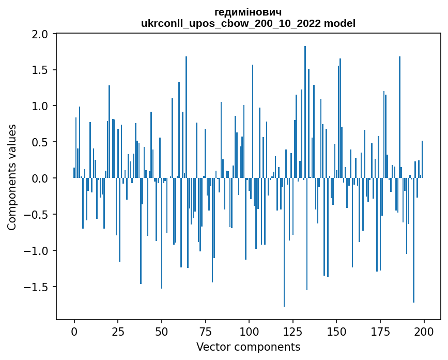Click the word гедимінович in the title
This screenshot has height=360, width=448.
(x=248, y=12)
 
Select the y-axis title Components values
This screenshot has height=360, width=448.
(x=11, y=177)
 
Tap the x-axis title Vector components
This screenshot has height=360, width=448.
(x=248, y=347)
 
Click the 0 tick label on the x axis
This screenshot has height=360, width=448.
(x=74, y=331)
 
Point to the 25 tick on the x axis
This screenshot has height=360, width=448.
(x=118, y=331)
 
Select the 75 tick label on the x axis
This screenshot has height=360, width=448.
(x=205, y=331)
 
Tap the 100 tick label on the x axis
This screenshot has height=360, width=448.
(x=249, y=331)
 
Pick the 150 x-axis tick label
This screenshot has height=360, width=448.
(x=336, y=331)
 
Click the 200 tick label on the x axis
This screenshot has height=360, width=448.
(x=424, y=331)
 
